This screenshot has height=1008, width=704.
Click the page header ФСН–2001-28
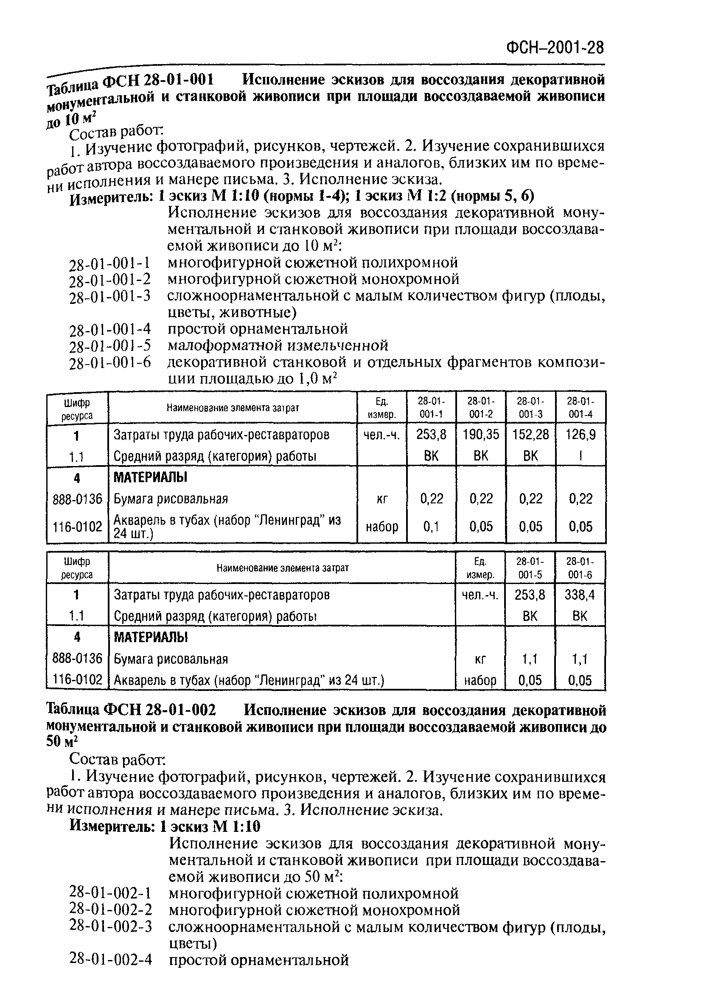tap(555, 48)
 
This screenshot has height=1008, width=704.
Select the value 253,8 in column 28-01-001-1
tap(431, 435)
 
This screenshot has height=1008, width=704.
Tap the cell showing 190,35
tap(481, 435)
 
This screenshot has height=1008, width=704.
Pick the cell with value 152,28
tap(530, 435)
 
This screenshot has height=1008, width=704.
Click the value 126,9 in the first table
tap(580, 435)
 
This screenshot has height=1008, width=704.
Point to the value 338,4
tap(579, 595)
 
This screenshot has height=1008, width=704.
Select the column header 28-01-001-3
tap(530, 407)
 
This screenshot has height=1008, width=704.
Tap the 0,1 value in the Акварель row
tap(431, 526)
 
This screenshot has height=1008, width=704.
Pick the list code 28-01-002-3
tap(111, 926)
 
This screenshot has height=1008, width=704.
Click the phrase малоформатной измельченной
tap(278, 345)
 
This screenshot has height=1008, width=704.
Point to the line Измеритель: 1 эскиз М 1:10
tap(165, 826)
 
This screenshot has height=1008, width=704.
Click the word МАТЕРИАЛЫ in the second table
tap(151, 637)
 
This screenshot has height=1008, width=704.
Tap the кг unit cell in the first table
tap(381, 499)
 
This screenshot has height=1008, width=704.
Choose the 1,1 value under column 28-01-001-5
tap(530, 659)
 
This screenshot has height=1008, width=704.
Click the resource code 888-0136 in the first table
tap(77, 499)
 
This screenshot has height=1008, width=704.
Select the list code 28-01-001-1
tap(110, 263)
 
